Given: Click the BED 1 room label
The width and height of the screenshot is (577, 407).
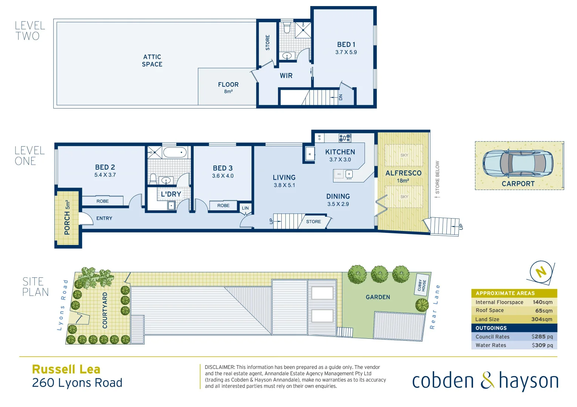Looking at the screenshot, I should [x=346, y=44].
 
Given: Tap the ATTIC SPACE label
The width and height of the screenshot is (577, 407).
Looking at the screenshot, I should [x=152, y=61].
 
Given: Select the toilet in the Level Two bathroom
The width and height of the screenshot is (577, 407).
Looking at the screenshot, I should [x=287, y=28].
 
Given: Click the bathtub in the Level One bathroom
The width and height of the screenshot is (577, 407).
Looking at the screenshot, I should [x=175, y=153].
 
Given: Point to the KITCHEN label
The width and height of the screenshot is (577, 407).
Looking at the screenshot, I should [x=340, y=152].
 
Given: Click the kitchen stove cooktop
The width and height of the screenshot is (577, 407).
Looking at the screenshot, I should [x=345, y=138].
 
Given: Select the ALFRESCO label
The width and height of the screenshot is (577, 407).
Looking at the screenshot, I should [x=403, y=173].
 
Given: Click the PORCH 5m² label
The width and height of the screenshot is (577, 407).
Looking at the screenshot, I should [x=67, y=217].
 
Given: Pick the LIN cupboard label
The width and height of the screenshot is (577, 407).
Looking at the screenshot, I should [x=245, y=208].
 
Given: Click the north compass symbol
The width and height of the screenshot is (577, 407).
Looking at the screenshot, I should [x=541, y=271].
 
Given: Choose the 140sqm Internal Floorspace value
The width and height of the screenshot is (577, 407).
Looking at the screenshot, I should [x=542, y=302].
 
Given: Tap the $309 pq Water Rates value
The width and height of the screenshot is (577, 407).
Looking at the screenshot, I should [x=542, y=345].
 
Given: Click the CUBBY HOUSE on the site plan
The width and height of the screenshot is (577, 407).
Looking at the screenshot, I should [x=421, y=285].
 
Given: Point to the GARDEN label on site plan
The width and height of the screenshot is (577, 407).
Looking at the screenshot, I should [x=378, y=297].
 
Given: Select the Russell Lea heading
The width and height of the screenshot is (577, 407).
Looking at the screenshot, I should [x=66, y=369].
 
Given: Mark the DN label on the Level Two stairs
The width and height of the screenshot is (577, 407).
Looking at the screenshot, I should [x=341, y=97].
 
